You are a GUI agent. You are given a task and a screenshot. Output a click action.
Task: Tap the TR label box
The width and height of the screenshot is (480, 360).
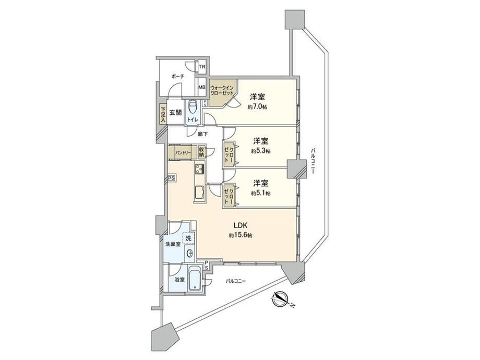(202, 67)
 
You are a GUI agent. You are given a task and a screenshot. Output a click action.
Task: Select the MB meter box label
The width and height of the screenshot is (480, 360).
(202, 87)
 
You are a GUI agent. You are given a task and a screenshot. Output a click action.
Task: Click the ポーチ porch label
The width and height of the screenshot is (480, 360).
(177, 77)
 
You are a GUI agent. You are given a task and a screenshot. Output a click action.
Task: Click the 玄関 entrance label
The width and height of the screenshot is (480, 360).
(176, 112)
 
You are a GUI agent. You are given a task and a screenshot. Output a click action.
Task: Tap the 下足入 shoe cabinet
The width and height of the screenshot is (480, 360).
(163, 114)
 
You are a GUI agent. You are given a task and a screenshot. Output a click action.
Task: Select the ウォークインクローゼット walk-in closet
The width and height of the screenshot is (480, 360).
(222, 91)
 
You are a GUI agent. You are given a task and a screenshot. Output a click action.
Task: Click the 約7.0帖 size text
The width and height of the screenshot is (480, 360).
(257, 107)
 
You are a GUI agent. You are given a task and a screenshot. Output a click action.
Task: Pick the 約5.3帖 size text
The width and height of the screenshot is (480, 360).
(260, 151)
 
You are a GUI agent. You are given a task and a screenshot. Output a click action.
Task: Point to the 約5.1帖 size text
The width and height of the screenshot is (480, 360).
(260, 193)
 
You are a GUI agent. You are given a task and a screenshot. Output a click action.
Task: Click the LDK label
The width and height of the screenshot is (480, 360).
(241, 225)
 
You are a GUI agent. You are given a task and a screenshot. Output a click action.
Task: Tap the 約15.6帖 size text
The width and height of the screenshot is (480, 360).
(240, 235)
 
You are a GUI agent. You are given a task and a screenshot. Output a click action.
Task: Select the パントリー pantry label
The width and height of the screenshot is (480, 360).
(183, 152)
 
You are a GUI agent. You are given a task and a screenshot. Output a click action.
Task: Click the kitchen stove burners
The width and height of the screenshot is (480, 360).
(200, 168)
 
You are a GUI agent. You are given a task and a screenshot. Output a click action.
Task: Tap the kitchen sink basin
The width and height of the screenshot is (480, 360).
(200, 192)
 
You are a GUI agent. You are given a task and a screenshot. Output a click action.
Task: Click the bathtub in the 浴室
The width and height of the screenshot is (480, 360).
(194, 278)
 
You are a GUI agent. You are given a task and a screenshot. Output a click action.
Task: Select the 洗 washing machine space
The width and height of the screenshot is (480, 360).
(188, 238)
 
